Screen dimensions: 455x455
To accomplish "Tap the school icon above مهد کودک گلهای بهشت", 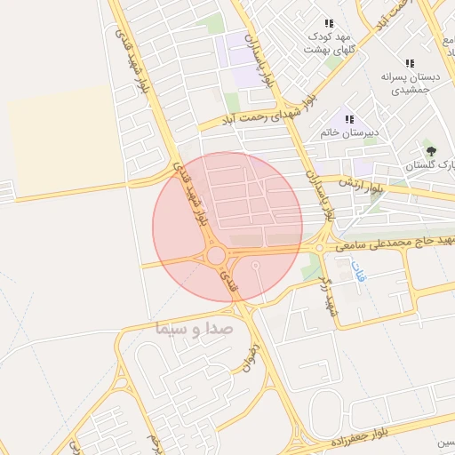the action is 329,23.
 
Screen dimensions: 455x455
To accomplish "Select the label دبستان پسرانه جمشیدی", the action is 404,84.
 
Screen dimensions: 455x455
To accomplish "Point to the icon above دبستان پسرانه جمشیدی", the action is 410,63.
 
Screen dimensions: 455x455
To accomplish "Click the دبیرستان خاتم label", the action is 349,133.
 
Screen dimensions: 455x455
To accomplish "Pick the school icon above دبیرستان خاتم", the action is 349,119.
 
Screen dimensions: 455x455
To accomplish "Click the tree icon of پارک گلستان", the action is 432,151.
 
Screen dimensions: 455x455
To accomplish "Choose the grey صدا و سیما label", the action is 193,327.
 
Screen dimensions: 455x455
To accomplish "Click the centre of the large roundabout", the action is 216,256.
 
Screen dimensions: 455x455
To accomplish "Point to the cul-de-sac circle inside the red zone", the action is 256,265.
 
